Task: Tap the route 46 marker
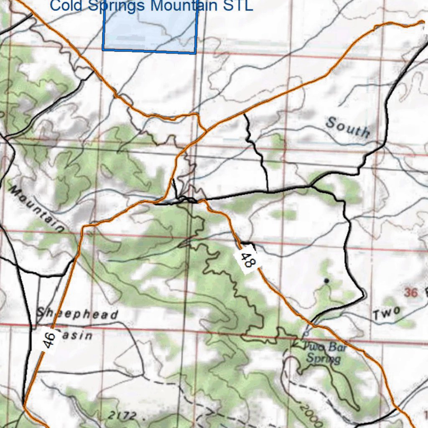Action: (49, 339)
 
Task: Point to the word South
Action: (348, 127)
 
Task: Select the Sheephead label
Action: (77, 313)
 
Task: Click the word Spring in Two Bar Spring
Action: (323, 358)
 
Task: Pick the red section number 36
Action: (411, 293)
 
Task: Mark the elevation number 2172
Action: (122, 415)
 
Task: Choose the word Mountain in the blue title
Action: (184, 6)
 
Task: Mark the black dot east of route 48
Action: (326, 280)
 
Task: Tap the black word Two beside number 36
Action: (387, 313)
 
